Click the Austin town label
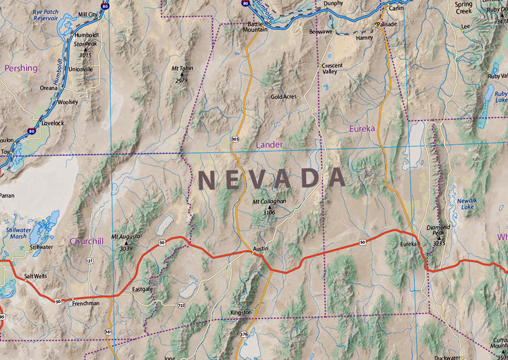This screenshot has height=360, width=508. coord(257,247)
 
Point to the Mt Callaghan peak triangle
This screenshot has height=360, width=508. coord(269,207)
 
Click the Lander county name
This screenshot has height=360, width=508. coord(269,145)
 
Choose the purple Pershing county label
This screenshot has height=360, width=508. coord(21,67)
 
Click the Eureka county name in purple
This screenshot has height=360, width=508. coord(362,128)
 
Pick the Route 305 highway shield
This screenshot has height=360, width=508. coord(235,138)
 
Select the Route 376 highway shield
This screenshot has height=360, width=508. coord(244,334)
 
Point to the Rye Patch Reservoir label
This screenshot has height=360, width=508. coord(50,15)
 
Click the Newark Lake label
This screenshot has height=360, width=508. coord(467,203)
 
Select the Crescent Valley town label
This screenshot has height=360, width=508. coord(332,69)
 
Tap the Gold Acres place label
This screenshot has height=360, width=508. coord(284,97)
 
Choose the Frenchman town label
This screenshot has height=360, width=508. coord(86,303)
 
